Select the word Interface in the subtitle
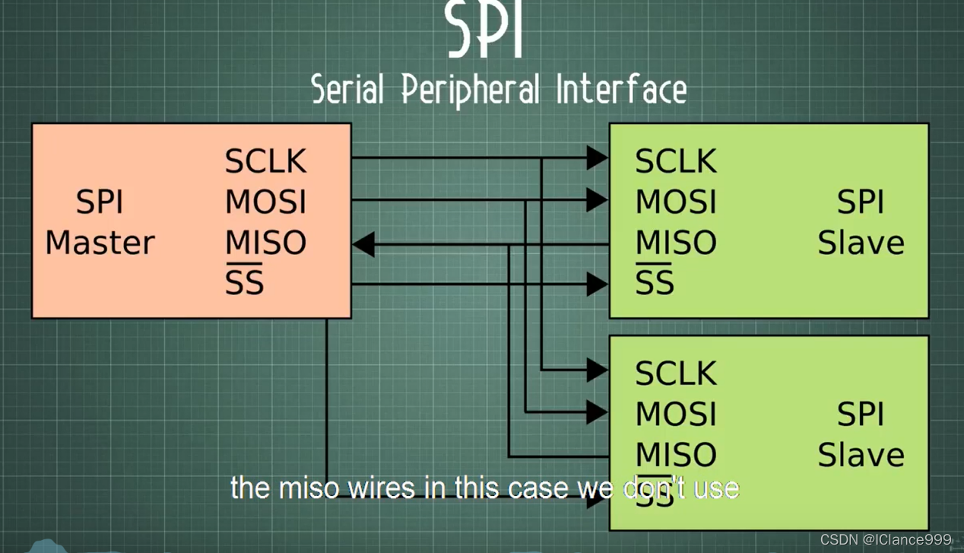[x=621, y=90]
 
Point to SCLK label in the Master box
[x=265, y=161]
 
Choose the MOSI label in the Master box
[x=265, y=202]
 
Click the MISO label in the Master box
[x=265, y=243]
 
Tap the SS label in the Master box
[x=244, y=282]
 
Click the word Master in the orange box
[x=100, y=243]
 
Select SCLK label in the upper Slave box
[x=675, y=161]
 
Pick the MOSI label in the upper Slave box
[x=675, y=202]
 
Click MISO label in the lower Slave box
[x=675, y=455]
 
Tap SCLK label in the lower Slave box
[x=675, y=373]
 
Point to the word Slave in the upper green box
[x=861, y=243]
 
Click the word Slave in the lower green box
[x=861, y=455]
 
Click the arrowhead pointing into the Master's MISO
[x=364, y=245]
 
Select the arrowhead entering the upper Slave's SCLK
[x=597, y=158]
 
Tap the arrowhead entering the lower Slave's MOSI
[x=597, y=412]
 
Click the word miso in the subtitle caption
[x=309, y=488]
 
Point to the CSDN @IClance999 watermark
[x=886, y=539]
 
